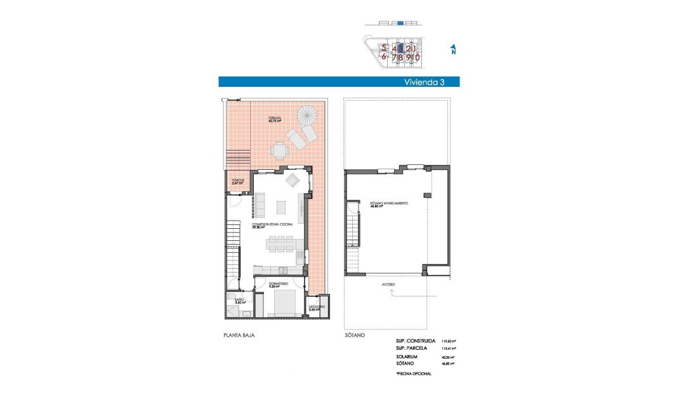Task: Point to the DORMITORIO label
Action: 278,283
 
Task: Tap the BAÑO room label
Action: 239,300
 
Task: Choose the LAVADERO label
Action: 317,307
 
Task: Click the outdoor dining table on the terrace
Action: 279,150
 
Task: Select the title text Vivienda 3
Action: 425,82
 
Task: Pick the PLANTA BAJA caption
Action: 239,335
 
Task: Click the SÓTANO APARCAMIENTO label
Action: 388,204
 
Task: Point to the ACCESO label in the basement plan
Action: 388,285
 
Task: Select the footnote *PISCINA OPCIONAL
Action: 413,374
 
